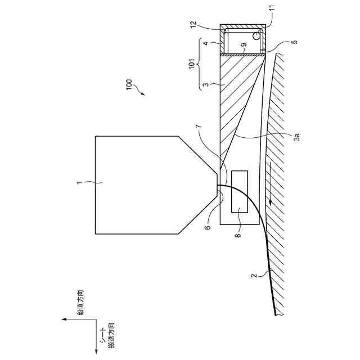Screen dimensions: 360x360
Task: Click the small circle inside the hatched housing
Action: pos(257,35)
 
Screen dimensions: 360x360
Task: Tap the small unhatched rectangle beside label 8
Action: pos(238,191)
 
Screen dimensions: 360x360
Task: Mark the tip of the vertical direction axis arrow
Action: pos(62,319)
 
